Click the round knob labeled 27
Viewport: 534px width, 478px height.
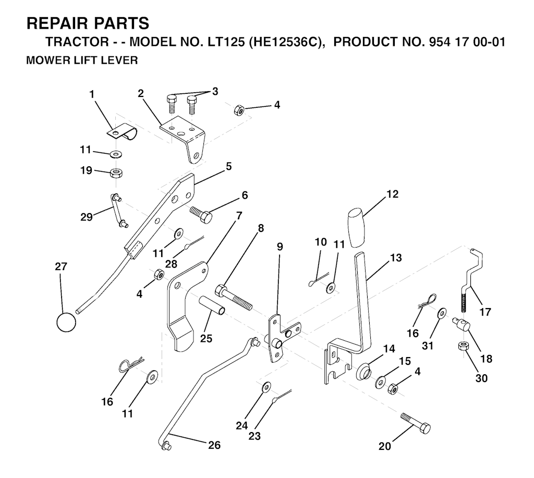[x=66, y=322]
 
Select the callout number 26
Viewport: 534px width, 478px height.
[x=214, y=445]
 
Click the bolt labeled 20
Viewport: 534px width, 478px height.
[x=416, y=423]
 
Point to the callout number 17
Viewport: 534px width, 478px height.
[x=485, y=312]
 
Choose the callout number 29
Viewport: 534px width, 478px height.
[x=86, y=216]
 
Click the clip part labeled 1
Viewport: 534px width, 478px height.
[x=122, y=132]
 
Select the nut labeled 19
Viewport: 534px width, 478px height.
[x=116, y=173]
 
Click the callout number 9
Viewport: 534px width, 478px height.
[x=280, y=247]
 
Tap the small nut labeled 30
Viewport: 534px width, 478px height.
[x=464, y=347]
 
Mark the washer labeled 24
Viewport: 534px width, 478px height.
[x=266, y=387]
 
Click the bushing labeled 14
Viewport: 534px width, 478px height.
[x=363, y=372]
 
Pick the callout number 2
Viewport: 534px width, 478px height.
[x=141, y=93]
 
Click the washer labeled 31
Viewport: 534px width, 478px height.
[x=442, y=312]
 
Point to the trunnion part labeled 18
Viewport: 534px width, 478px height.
[x=461, y=323]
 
